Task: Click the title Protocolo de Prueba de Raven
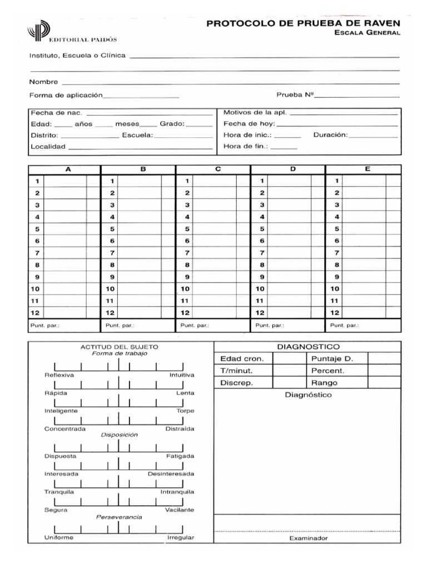point(303,23)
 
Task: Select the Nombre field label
point(44,82)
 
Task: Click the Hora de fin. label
point(246,146)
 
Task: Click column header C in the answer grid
point(218,169)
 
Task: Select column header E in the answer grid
point(368,169)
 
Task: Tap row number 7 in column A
point(37,253)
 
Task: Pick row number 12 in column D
point(260,313)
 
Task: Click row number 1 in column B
point(112,181)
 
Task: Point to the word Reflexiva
point(59,375)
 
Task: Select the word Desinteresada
point(171,474)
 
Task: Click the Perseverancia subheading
point(119,517)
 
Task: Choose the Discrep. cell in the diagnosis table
point(237,383)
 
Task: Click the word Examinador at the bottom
point(309,538)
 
